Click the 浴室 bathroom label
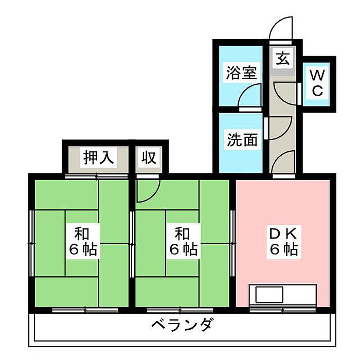[241, 73]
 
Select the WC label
[316, 83]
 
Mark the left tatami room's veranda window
[85, 310]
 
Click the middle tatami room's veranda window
[180, 310]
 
